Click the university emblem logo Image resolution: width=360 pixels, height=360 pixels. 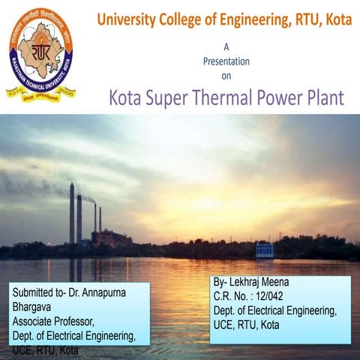[40, 55]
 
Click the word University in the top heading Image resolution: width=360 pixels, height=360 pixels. [127, 19]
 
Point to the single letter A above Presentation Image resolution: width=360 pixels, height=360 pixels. [226, 46]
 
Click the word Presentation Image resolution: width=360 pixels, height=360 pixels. [226, 61]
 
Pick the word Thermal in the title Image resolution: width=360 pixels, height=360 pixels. [221, 97]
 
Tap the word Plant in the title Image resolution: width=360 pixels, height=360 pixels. [324, 97]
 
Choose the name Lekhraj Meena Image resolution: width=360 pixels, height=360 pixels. [262, 281]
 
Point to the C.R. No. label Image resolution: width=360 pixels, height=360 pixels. [235, 295]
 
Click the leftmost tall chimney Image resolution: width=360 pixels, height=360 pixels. [72, 213]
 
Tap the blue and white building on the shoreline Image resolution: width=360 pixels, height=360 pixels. [265, 250]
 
